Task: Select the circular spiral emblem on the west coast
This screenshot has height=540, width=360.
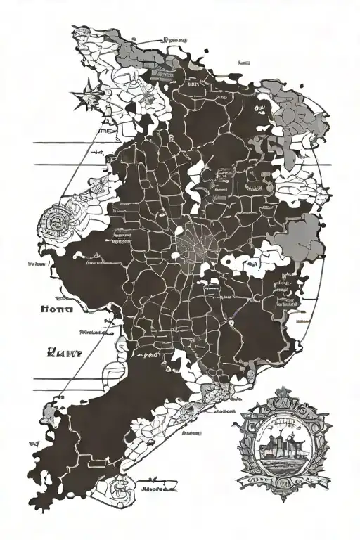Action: coord(53,226)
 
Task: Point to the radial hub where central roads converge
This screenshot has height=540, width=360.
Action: coord(195,245)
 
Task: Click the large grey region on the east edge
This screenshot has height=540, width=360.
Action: coord(303,238)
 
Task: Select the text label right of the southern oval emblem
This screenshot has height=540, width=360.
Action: coord(157,486)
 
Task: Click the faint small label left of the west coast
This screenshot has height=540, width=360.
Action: coord(37,265)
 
